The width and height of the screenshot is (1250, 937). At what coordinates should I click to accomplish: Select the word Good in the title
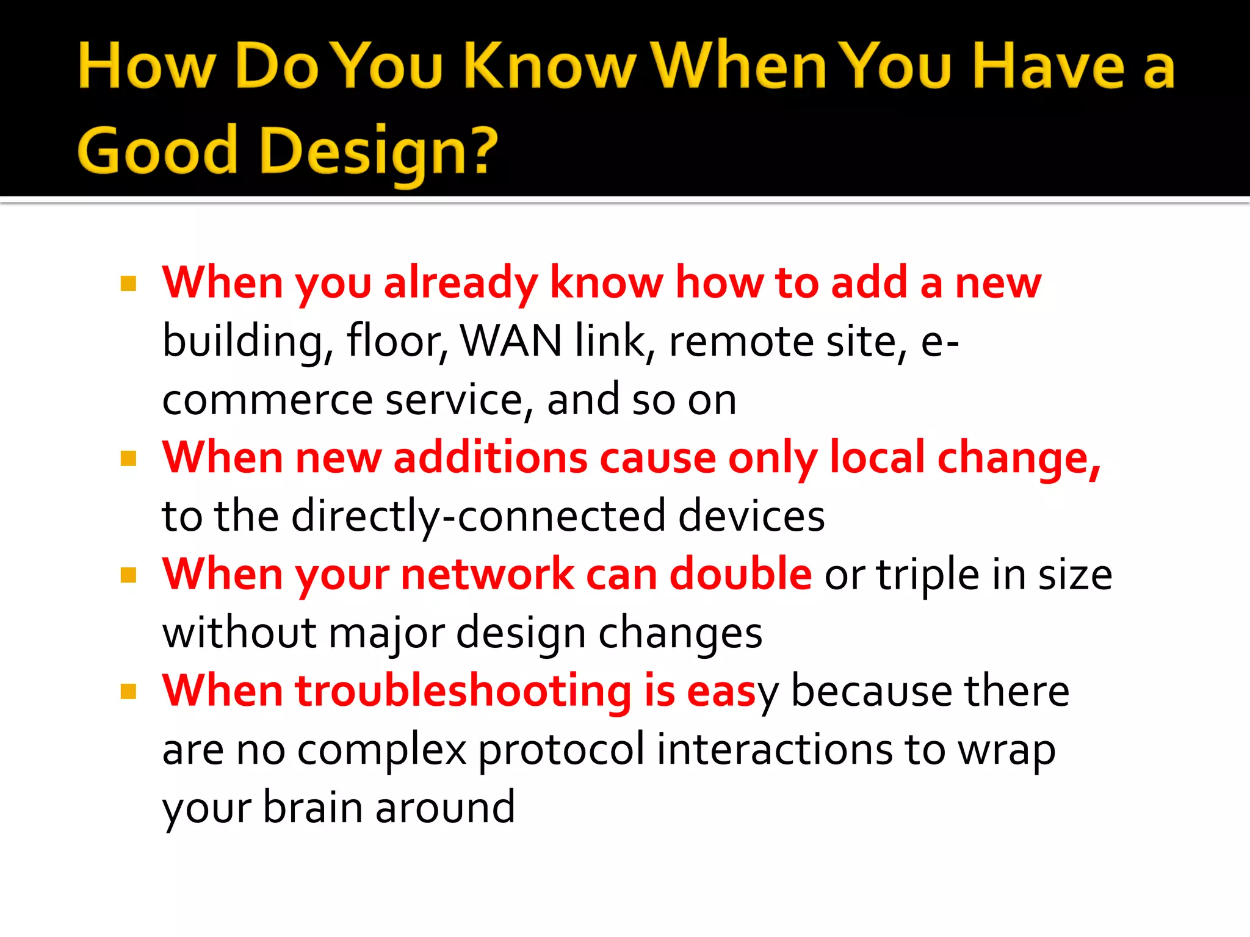tap(157, 150)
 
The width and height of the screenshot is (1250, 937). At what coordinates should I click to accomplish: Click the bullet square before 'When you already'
tap(128, 284)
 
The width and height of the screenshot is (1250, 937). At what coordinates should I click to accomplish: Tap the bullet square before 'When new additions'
tap(128, 459)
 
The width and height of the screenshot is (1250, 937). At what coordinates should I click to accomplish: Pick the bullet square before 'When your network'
tap(128, 575)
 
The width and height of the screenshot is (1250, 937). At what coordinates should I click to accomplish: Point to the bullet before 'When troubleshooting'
tap(128, 692)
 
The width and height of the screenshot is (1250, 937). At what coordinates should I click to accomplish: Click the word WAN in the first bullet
tap(510, 340)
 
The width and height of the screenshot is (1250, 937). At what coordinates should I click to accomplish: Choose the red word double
tap(740, 574)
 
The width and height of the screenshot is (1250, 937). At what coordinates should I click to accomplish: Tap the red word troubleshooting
tap(463, 691)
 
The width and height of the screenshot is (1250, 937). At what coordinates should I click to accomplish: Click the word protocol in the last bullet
tap(560, 750)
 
